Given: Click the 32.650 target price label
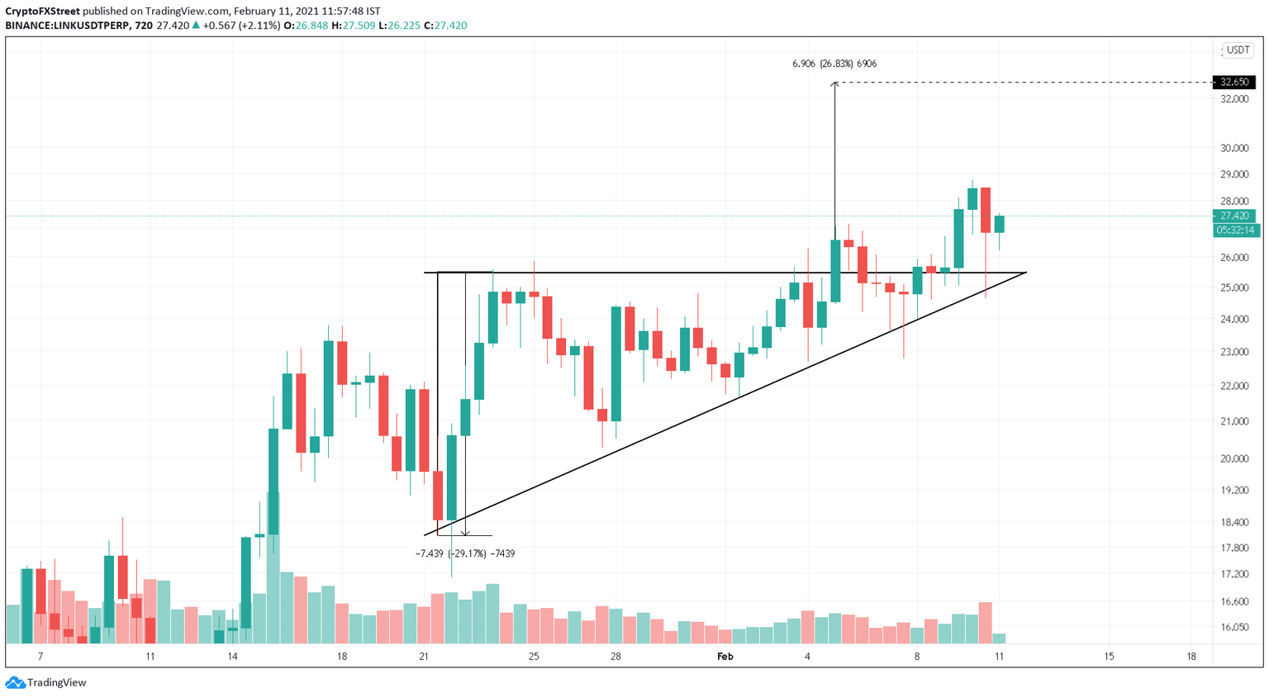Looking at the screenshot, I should pos(1234,82).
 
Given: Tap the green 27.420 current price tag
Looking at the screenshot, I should pos(1234,216).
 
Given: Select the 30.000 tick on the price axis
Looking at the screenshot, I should pos(1234,149).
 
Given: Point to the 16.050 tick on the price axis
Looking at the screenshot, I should pos(1234,627).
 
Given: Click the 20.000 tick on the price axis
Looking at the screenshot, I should pos(1234,459).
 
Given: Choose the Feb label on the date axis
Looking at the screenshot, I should pos(725,657).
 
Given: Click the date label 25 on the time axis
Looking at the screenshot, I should pos(534,657).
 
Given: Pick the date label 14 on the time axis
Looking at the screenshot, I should pos(233,657).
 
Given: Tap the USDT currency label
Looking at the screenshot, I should pos(1238,50).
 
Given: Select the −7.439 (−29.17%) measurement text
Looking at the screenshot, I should pos(464,553).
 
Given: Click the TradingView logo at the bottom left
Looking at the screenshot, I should pos(46,682).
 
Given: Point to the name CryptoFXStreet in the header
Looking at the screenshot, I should pos(43,12).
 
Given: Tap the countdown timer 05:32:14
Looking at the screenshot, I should pos(1234,230).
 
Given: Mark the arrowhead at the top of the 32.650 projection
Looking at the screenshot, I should pos(834,84).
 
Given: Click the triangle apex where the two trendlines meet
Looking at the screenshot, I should pos(1026,273).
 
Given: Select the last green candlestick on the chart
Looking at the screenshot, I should pos(1000,224).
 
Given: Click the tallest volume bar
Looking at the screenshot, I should pos(273,567).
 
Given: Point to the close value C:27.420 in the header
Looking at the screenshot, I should pos(445,26).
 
